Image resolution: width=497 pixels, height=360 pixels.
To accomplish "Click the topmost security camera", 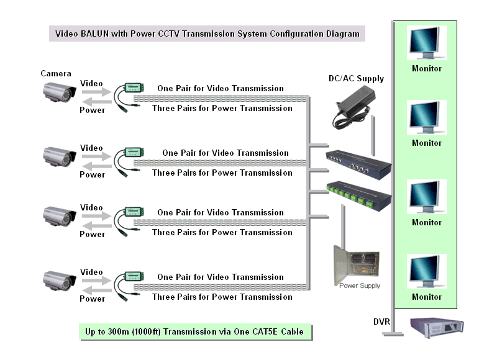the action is (60, 92).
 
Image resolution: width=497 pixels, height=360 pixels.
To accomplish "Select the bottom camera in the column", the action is (60, 281).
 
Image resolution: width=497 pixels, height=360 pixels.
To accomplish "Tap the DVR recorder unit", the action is (437, 328).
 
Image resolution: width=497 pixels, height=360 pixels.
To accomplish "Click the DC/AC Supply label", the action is (356, 79).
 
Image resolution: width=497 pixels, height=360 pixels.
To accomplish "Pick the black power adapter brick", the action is (353, 107).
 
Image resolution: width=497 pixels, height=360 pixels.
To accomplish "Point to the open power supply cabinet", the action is (357, 264).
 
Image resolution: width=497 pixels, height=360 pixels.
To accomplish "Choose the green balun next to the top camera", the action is (129, 97).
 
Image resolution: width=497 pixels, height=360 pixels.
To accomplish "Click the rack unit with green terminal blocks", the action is (359, 196).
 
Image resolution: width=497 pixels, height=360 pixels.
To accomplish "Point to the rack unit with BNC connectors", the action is (358, 164).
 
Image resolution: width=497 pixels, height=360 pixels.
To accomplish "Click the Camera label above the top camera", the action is (56, 73).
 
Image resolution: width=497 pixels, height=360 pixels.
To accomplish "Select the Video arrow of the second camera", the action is (96, 156).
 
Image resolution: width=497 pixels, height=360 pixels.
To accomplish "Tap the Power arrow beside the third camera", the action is (97, 226).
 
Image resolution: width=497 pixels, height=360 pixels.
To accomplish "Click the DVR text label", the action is (381, 322).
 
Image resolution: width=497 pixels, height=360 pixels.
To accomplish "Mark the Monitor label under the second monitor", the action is (427, 143).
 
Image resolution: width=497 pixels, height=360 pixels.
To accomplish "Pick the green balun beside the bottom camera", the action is (129, 286).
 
